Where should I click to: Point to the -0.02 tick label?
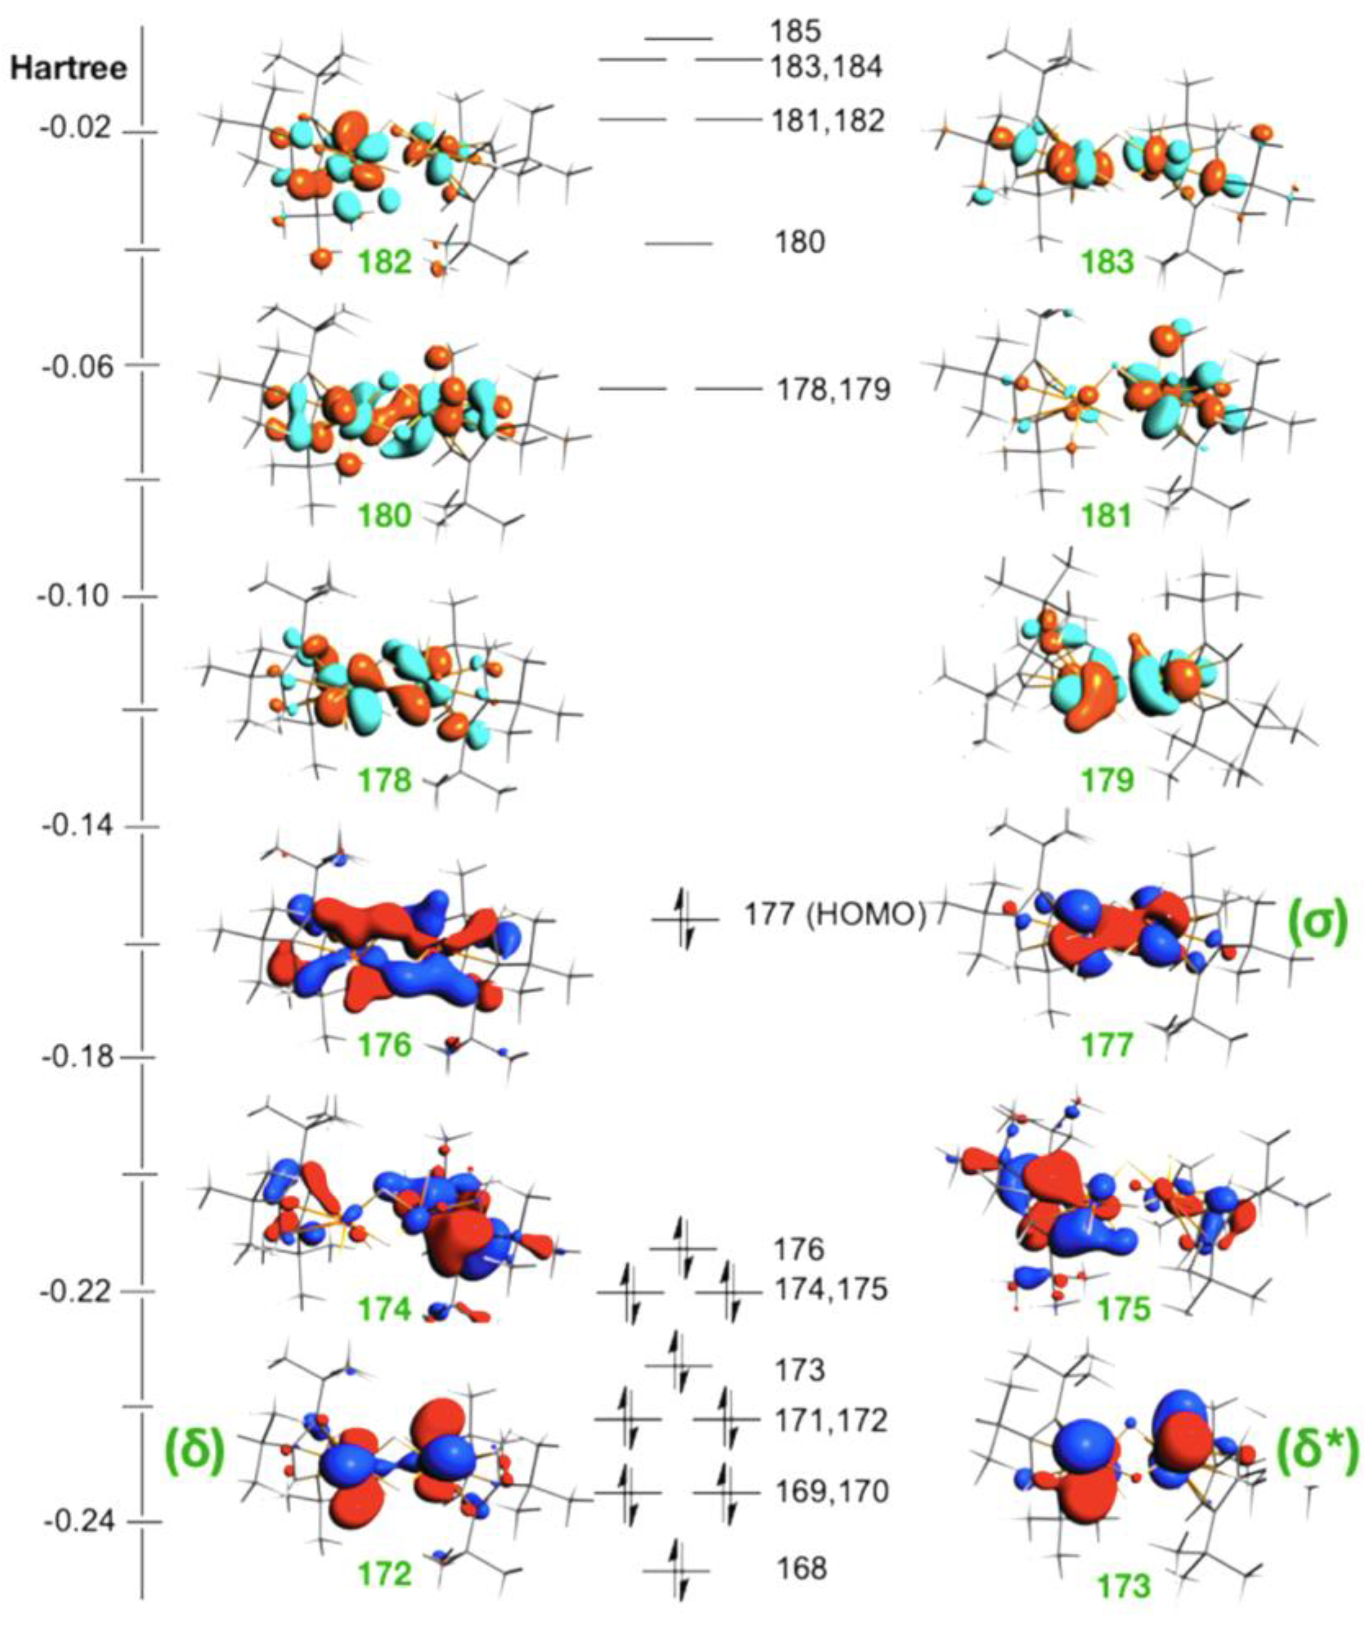pyautogui.click(x=75, y=129)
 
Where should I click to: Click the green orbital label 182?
pyautogui.click(x=384, y=263)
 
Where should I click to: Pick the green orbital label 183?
pyautogui.click(x=1108, y=263)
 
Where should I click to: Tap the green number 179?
pyautogui.click(x=1108, y=781)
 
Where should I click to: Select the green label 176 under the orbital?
pyautogui.click(x=384, y=1045)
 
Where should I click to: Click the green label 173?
pyautogui.click(x=1123, y=1586)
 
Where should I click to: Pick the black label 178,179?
pyautogui.click(x=833, y=389)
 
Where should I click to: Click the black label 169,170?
pyautogui.click(x=831, y=1494)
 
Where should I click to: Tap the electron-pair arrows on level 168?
pyautogui.click(x=676, y=1569)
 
